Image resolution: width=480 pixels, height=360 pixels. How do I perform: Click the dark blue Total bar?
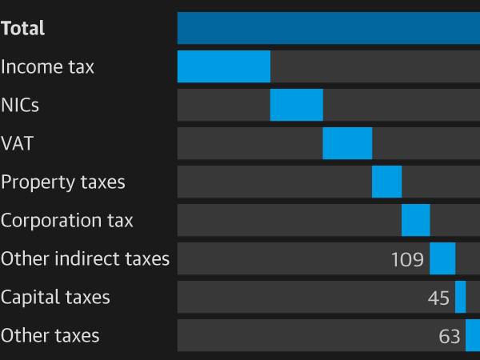pos(328,28)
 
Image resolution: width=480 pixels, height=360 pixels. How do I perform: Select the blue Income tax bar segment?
pos(223,66)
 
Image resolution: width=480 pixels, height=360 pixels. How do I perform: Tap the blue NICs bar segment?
pos(296,105)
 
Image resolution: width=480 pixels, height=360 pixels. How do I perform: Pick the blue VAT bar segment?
pos(347,143)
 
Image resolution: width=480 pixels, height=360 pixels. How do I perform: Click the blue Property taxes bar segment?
pos(386,182)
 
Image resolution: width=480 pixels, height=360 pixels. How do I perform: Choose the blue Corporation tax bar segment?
pos(415,220)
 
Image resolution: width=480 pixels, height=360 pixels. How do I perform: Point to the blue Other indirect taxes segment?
pos(442,258)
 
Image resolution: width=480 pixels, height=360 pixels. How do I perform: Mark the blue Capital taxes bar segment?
pos(460,297)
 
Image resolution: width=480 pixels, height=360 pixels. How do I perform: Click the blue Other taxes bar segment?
pos(472,335)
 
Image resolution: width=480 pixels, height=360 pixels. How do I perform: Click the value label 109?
pos(407,259)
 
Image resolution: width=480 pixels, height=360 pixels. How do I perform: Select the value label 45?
pos(438,298)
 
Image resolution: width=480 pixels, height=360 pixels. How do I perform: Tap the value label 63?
pos(450,336)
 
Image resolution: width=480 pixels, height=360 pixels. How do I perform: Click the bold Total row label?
pos(23,29)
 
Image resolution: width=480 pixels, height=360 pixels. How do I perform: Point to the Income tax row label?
pos(47,67)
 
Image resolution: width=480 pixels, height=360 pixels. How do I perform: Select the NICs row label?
pos(20,106)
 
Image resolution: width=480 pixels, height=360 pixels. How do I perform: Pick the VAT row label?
pos(17,144)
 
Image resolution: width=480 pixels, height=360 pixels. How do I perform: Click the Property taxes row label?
pos(63,182)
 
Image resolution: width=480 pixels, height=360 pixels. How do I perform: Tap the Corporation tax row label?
pos(67,221)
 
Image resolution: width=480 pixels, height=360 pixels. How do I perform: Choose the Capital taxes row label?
pos(55,298)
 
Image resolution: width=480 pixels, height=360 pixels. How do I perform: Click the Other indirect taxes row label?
pos(86,259)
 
